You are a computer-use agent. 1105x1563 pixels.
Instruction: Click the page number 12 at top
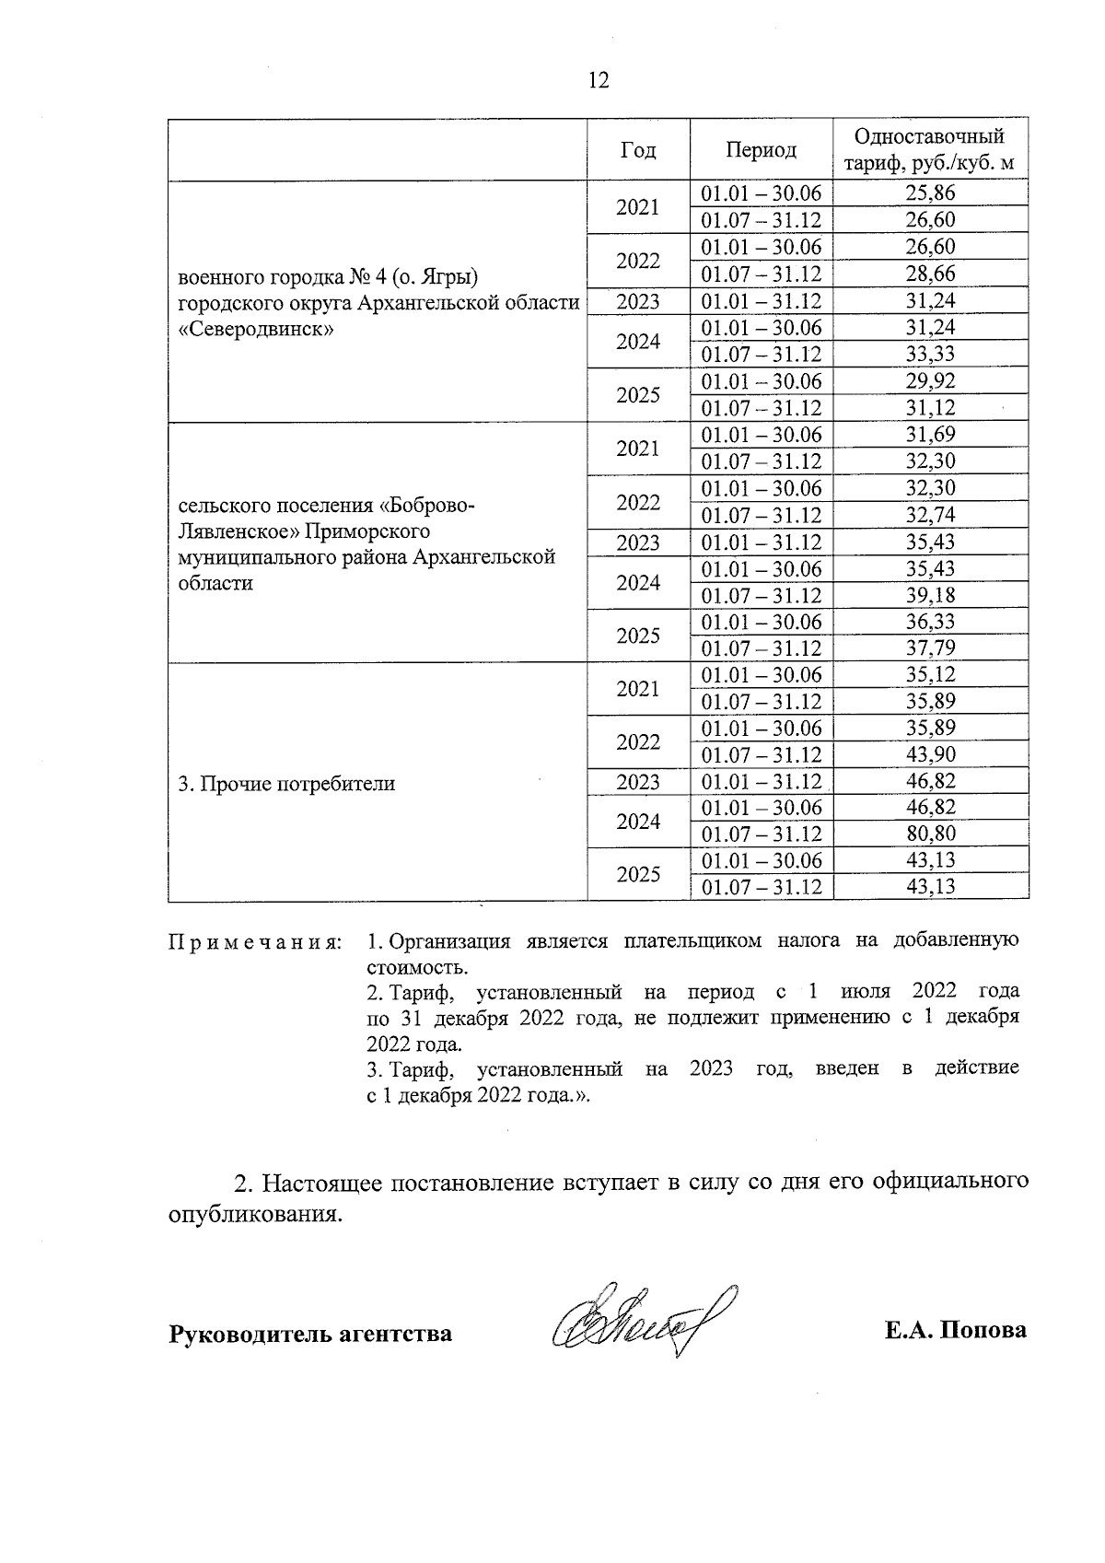pos(598,81)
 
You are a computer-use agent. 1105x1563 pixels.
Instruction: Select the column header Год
pos(638,150)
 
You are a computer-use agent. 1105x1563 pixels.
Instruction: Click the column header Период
pos(761,150)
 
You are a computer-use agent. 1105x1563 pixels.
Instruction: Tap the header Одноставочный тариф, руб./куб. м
pos(930,150)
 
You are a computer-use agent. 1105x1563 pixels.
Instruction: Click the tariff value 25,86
pos(930,193)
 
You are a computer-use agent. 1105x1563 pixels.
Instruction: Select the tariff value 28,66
pos(930,274)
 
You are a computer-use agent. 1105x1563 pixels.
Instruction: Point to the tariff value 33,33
pos(930,355)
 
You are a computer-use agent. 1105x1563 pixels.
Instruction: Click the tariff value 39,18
pos(930,596)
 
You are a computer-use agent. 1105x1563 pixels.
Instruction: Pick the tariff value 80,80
pos(930,834)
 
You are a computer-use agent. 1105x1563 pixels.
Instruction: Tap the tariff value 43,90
pos(930,755)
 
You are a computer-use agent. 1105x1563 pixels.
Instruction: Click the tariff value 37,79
pos(930,649)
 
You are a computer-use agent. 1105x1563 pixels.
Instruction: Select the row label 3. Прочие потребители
pos(285,784)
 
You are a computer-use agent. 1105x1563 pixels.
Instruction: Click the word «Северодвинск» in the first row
pos(255,329)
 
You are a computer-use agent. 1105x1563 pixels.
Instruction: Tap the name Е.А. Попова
pos(955,1332)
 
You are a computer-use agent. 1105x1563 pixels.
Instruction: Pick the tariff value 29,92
pos(930,381)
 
